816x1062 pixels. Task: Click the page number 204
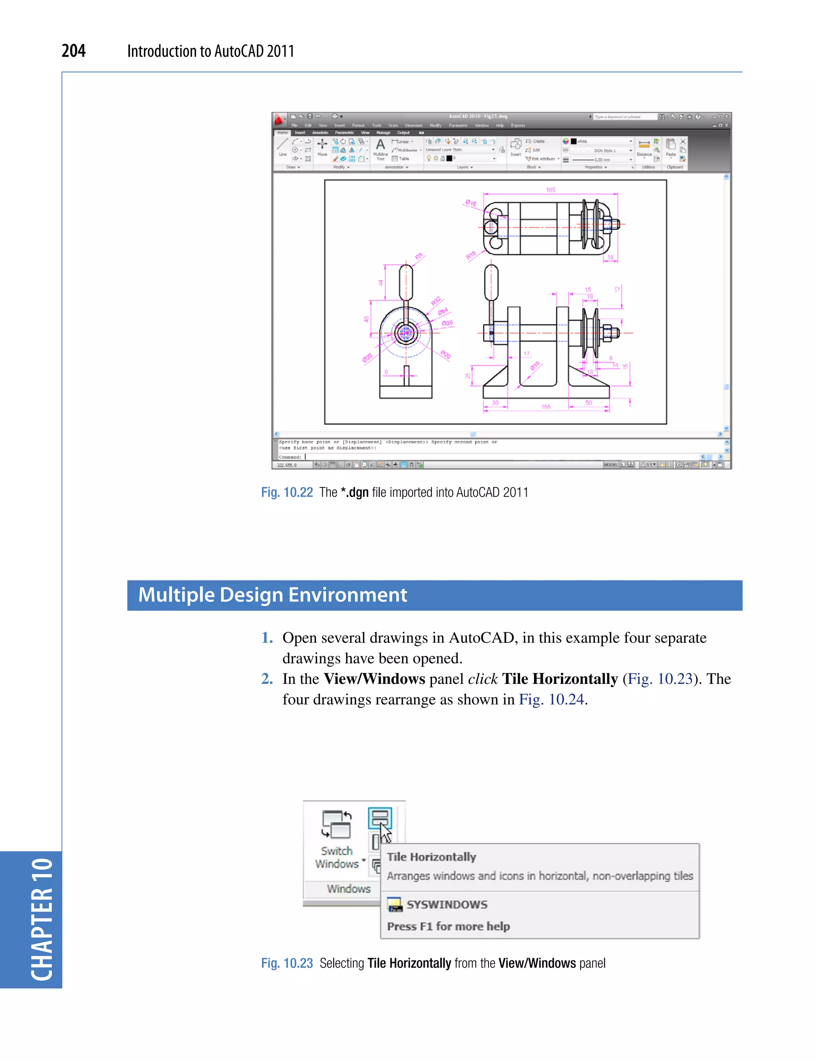pyautogui.click(x=73, y=51)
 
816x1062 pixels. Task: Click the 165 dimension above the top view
pyautogui.click(x=550, y=190)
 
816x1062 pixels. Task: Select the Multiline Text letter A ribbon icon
pyautogui.click(x=381, y=145)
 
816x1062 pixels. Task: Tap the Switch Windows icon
pyautogui.click(x=337, y=825)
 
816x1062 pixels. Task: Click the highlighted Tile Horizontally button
pyautogui.click(x=379, y=818)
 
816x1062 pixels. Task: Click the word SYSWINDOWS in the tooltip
pyautogui.click(x=447, y=905)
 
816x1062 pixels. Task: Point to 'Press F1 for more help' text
pyautogui.click(x=448, y=927)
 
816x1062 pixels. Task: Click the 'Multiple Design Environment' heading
pyautogui.click(x=273, y=595)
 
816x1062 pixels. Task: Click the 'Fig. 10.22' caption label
pyautogui.click(x=286, y=493)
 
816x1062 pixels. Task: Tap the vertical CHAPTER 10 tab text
pyautogui.click(x=41, y=919)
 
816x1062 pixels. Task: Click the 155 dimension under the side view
pyautogui.click(x=546, y=406)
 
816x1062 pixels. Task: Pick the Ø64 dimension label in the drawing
pyautogui.click(x=443, y=311)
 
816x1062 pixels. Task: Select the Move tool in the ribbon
pyautogui.click(x=322, y=146)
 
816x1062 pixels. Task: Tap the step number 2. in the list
pyautogui.click(x=267, y=679)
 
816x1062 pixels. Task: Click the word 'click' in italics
pyautogui.click(x=483, y=679)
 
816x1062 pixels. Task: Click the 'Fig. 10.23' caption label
pyautogui.click(x=286, y=964)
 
